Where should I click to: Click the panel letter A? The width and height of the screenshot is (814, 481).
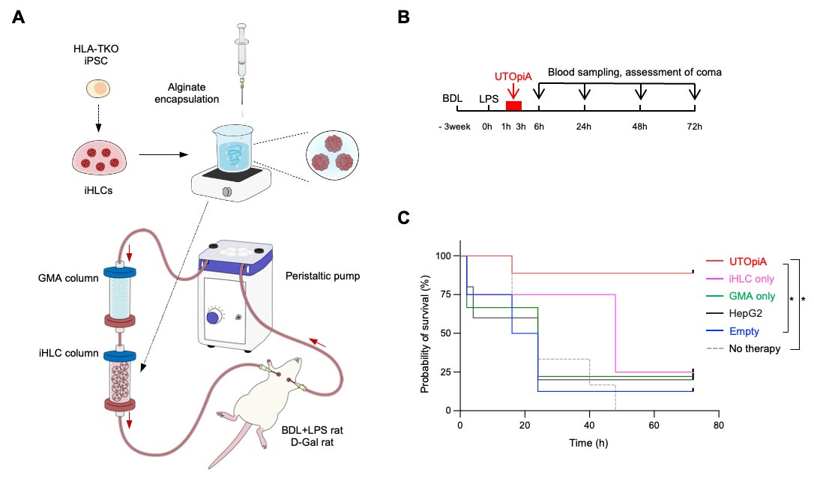(x=18, y=17)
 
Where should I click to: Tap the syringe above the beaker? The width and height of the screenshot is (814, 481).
(x=241, y=62)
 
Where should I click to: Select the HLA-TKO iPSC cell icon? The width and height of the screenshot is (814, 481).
(x=98, y=88)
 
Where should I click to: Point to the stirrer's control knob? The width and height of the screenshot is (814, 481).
(x=227, y=192)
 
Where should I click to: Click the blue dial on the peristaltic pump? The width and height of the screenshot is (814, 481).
(x=213, y=318)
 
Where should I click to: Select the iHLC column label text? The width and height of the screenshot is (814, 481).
(x=68, y=354)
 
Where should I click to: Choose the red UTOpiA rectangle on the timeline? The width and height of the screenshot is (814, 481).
(x=513, y=106)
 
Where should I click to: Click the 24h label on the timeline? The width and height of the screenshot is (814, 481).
(x=584, y=127)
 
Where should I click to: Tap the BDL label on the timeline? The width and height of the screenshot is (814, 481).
(x=452, y=98)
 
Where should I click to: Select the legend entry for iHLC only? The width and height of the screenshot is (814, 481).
(x=741, y=279)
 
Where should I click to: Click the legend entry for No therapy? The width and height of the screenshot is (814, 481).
(x=744, y=348)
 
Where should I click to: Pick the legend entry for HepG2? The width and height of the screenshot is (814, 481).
(x=734, y=313)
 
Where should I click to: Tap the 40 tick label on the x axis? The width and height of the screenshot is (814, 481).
(x=589, y=426)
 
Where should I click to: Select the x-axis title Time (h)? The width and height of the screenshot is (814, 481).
(x=588, y=443)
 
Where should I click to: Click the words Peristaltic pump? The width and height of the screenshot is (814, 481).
(x=322, y=276)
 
